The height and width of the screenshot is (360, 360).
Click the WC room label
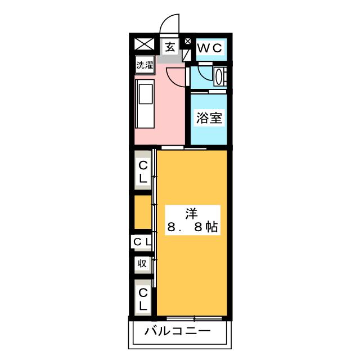pyautogui.click(x=210, y=48)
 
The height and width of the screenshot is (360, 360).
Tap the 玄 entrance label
pyautogui.click(x=170, y=47)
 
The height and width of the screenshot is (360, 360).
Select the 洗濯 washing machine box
pyautogui.click(x=145, y=65)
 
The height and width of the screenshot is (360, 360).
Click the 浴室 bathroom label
pyautogui.click(x=209, y=118)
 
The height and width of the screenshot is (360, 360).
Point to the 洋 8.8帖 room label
pyautogui.click(x=192, y=220)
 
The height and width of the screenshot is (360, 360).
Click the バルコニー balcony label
pyautogui.click(x=178, y=331)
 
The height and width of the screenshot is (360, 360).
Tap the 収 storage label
pyautogui.click(x=142, y=263)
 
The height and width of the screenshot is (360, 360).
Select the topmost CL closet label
pyautogui.click(x=143, y=172)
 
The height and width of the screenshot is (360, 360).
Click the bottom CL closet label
pyautogui.click(x=143, y=299)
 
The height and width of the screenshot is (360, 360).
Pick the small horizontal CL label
pyautogui.click(x=142, y=241)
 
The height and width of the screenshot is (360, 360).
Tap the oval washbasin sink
pyautogui.click(x=218, y=76)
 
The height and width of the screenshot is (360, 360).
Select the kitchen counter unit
pyautogui.click(x=145, y=103)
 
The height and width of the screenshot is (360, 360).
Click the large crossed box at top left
pyautogui.click(x=144, y=44)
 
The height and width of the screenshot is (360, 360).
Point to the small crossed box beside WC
pyautogui.click(x=187, y=41)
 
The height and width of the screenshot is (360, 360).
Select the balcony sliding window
pyautogui.click(x=194, y=318)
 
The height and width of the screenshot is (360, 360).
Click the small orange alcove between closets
pyautogui.click(x=143, y=212)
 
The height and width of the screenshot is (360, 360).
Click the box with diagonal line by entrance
pyautogui.click(x=186, y=55)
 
